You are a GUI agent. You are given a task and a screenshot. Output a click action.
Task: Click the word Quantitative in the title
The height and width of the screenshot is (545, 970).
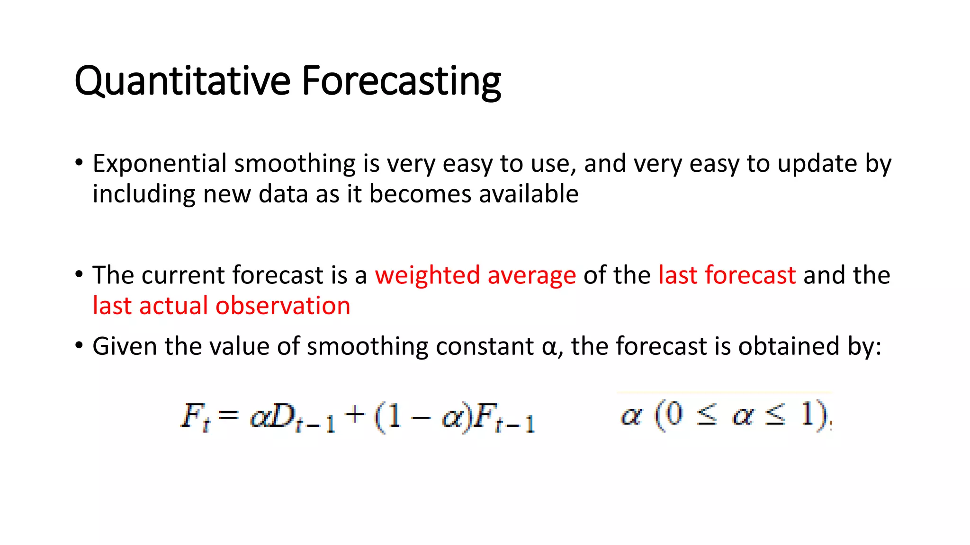[182, 81]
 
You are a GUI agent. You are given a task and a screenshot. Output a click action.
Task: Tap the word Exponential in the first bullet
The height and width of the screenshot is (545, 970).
[160, 164]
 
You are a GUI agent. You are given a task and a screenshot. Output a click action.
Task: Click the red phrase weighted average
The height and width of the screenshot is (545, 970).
[475, 275]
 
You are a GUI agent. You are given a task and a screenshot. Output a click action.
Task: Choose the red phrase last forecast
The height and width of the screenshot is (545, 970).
[727, 275]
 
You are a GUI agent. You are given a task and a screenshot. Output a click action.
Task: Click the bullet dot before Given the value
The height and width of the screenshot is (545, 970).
[79, 346]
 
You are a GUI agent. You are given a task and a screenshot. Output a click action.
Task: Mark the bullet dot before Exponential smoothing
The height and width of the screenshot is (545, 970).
[79, 163]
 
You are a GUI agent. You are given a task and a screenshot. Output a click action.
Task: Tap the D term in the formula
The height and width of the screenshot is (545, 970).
[283, 416]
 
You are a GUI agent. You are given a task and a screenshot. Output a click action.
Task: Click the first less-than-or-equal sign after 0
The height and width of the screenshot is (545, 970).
[706, 416]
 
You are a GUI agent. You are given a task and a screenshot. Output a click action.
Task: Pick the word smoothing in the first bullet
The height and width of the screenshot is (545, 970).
[295, 164]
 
